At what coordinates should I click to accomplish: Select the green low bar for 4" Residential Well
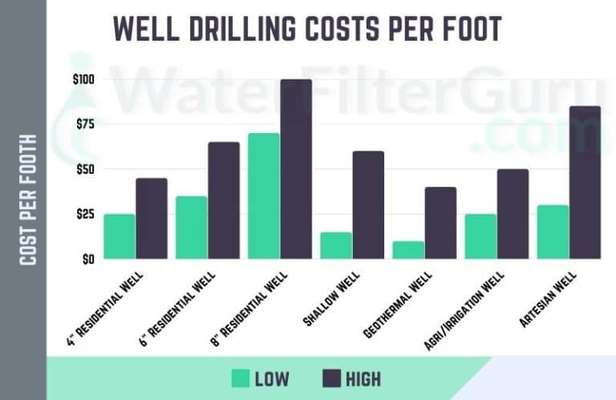tap(120, 236)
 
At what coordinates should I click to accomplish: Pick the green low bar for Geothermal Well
tap(408, 250)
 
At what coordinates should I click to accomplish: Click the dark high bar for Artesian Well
tap(585, 183)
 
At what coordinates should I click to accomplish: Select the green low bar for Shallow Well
tap(336, 245)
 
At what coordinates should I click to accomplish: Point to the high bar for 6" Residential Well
tap(224, 200)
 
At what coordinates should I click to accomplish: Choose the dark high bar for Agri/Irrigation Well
tap(513, 214)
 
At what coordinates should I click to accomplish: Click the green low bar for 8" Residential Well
tap(264, 196)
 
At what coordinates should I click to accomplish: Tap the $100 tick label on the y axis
tap(83, 79)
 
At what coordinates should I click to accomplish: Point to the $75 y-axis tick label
tap(84, 124)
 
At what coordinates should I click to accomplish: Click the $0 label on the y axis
tap(87, 259)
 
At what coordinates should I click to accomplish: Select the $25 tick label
tap(84, 214)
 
